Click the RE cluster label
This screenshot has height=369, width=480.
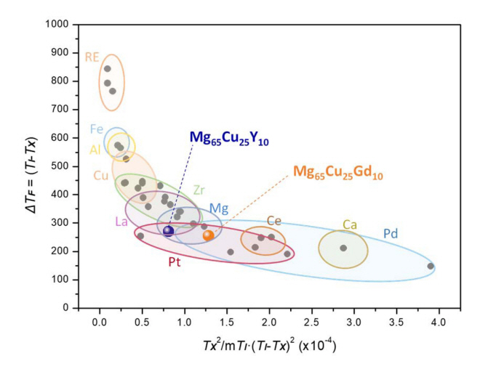coord(92,56)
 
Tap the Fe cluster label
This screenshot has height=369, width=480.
coord(97,129)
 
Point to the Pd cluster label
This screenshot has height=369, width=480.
coord(390,234)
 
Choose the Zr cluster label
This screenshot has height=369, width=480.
coord(199,190)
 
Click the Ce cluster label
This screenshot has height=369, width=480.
coord(274,220)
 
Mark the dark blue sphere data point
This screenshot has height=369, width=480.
coord(169,231)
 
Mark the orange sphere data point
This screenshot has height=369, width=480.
coord(209,235)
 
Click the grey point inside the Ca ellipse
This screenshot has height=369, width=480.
coord(343,248)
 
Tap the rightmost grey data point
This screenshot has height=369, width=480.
coord(431,266)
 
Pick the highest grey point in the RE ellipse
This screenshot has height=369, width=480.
coord(108,69)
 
